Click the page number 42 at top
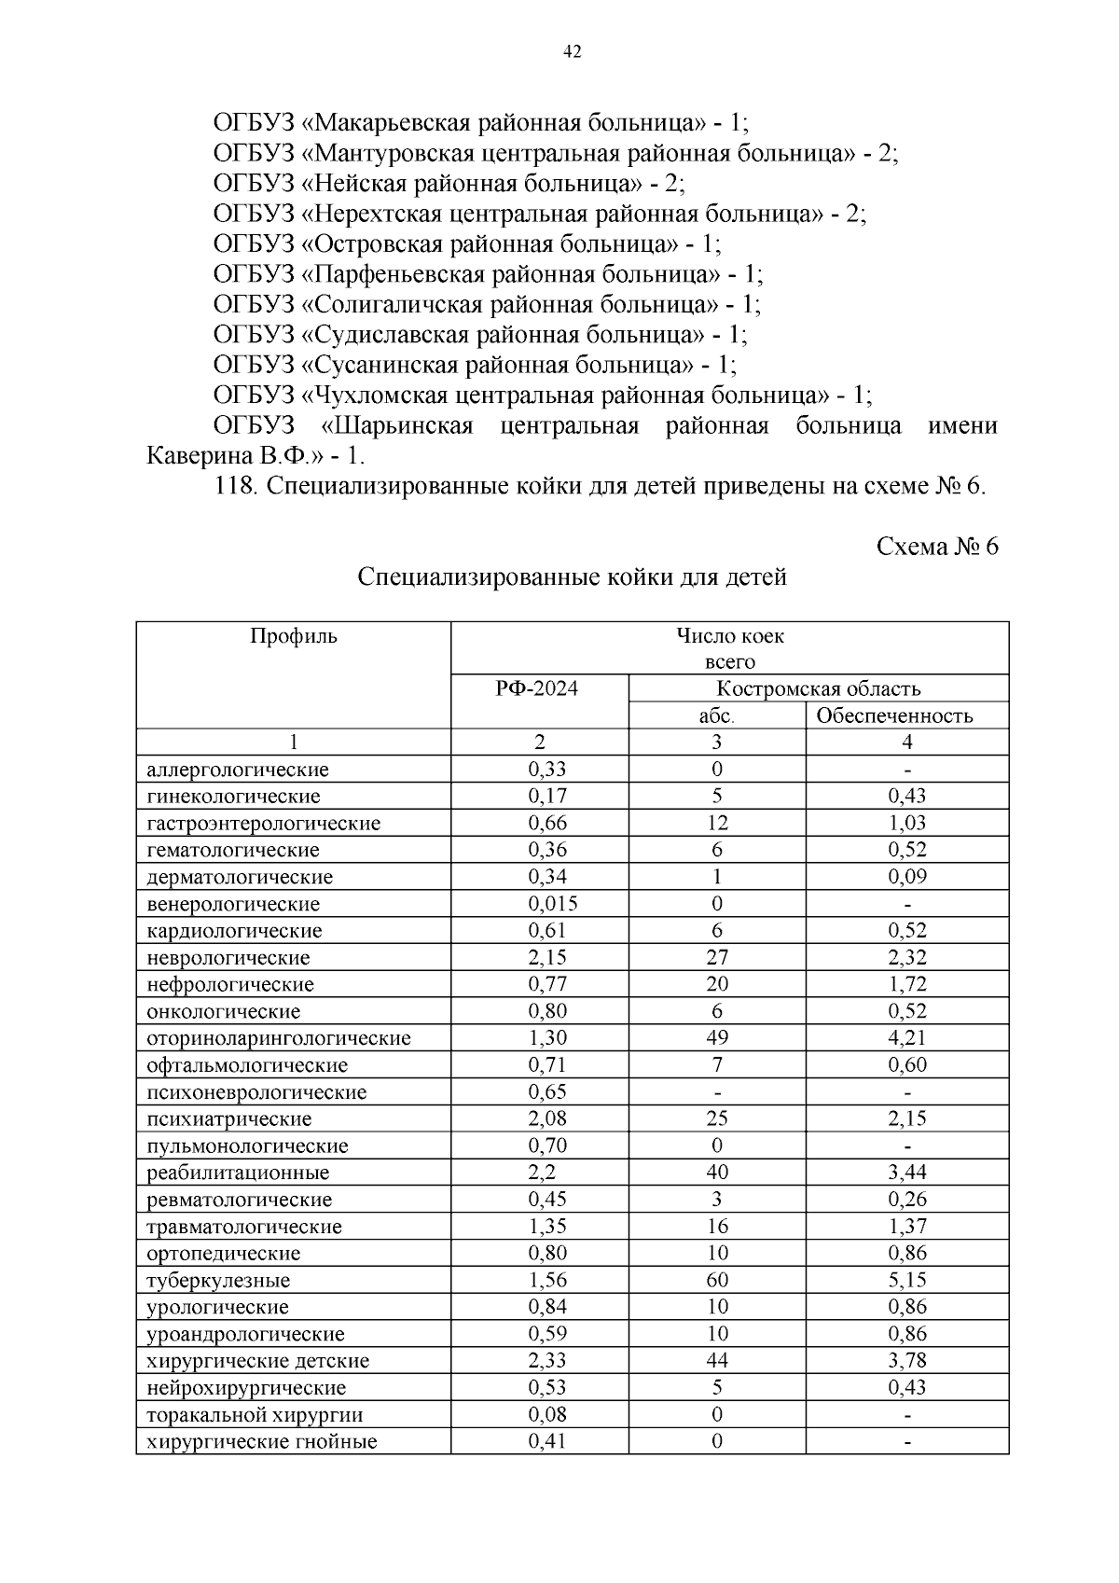point(573,52)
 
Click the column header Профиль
point(293,636)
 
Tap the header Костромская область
point(818,688)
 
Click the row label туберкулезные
point(218,1280)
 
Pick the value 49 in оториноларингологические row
point(716,1037)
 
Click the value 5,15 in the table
point(906,1280)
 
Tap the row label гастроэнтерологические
point(263,823)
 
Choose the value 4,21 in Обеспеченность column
point(906,1037)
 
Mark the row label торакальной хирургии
point(255,1414)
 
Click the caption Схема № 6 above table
point(936,547)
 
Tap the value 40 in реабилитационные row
point(716,1172)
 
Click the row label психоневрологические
point(256,1091)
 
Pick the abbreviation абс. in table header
point(716,715)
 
